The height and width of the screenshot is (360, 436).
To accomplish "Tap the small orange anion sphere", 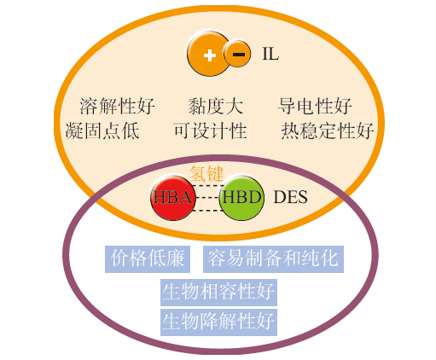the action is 237,54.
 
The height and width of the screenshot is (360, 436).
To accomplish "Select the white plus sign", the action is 210,55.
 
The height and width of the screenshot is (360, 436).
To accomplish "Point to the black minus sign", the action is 239,54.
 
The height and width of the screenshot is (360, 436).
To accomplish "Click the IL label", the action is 270,54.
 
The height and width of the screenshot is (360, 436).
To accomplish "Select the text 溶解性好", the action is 117,106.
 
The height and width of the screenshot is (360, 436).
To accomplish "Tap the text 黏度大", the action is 216,106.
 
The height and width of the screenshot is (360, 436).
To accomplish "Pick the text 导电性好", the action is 315,106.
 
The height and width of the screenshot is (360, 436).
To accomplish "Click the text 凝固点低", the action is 102,131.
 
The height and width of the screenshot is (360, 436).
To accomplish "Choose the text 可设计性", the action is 210,131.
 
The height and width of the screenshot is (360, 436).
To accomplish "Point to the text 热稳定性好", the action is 328,131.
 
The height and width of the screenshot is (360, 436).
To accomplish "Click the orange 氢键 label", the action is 206,173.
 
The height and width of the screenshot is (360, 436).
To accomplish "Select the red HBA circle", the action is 173,198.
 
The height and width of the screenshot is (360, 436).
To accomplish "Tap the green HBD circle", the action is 241,198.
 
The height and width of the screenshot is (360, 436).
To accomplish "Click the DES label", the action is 290,197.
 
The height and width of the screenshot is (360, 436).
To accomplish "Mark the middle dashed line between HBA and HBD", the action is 207,198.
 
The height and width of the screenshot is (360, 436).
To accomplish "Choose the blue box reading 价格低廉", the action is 148,259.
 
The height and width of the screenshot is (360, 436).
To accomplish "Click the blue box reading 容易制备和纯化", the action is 273,259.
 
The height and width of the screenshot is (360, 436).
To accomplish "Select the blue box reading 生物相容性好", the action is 218,292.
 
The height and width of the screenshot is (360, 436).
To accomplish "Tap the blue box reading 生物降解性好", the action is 218,322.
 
